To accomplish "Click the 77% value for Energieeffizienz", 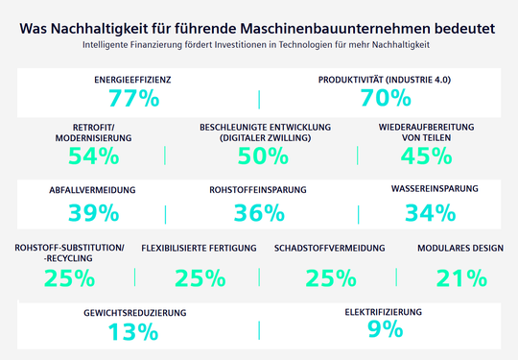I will tap(133, 98).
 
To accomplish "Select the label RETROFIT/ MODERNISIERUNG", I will tap(95, 132).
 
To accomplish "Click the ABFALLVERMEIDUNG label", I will tap(93, 190).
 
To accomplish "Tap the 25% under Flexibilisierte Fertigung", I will tap(200, 277).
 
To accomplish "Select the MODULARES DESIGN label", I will tap(460, 248).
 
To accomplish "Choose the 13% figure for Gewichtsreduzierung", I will tap(133, 332).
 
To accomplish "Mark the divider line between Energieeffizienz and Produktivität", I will tap(259, 98).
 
